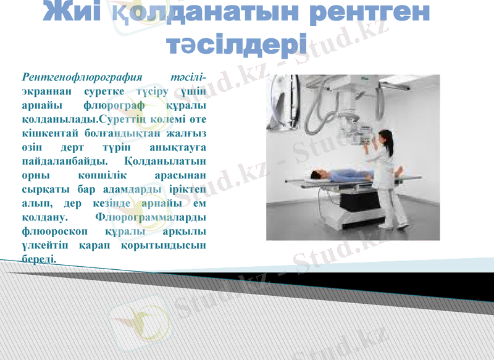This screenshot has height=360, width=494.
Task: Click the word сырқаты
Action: tap(42, 188)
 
